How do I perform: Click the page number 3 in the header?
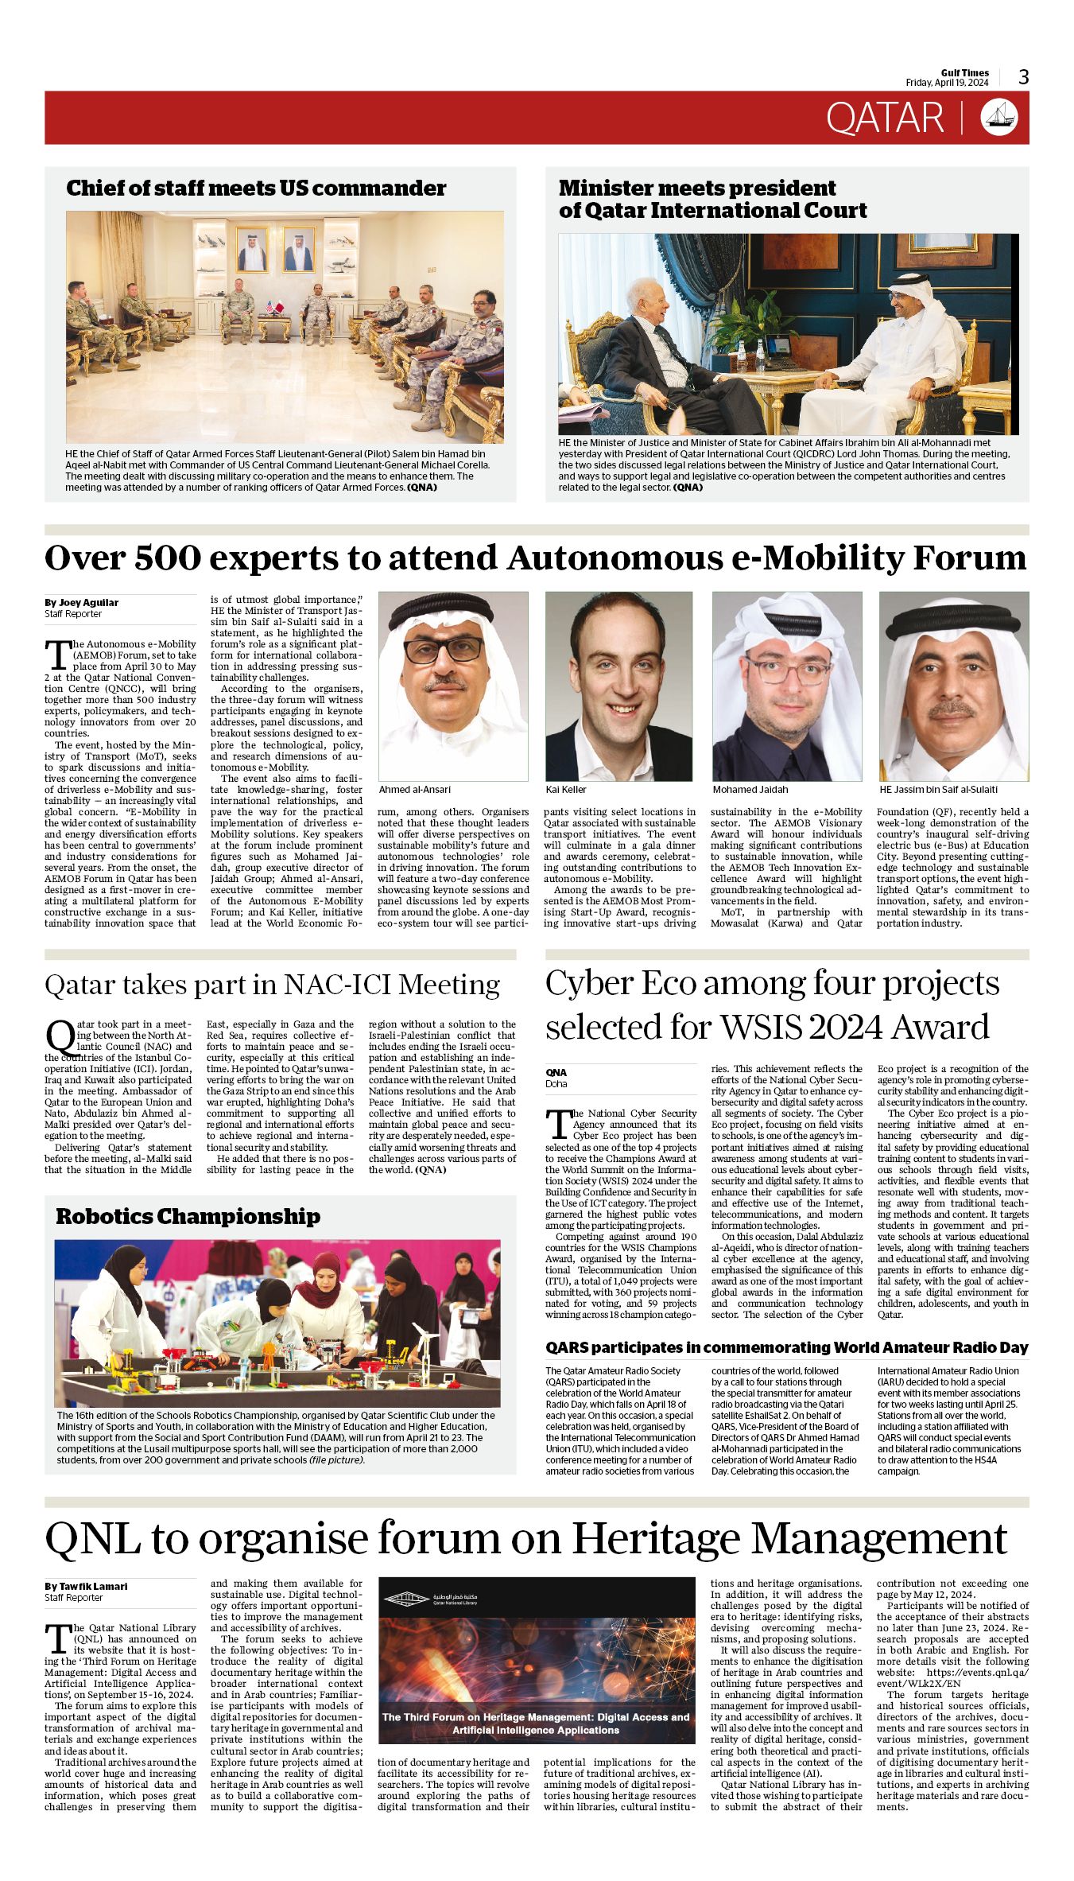tap(1023, 77)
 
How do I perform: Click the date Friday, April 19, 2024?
tap(947, 83)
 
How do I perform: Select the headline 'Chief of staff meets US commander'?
tap(255, 188)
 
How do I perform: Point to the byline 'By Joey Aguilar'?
tap(81, 602)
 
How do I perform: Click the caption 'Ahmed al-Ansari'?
tap(414, 790)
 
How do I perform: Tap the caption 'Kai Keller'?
tap(566, 790)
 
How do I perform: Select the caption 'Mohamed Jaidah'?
tap(750, 790)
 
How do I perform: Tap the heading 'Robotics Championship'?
tap(188, 1217)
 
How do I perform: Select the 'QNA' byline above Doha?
tap(556, 1072)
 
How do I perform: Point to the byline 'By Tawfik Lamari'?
tap(86, 1586)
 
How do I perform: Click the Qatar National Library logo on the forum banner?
tap(431, 1599)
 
